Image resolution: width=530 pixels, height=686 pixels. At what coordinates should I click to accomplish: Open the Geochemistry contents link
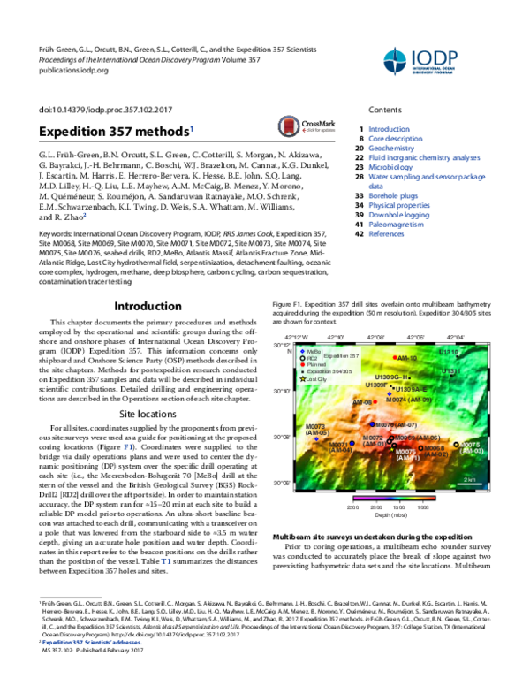click(x=391, y=150)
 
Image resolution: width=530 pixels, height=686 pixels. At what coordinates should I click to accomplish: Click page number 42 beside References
click(x=359, y=234)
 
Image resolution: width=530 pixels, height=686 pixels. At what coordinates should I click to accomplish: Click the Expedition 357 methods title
click(x=114, y=131)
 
